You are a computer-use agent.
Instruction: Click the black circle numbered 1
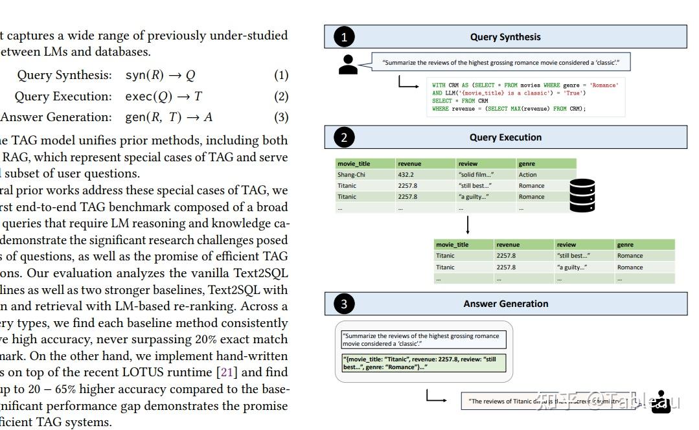344,37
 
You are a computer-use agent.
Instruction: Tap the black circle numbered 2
344,137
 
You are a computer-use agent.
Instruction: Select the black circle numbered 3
344,304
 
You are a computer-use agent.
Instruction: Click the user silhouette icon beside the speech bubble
348,63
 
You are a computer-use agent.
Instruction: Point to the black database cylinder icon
581,195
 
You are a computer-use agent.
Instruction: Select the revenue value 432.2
406,175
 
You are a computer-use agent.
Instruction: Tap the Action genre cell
527,175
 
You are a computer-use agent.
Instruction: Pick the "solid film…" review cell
476,175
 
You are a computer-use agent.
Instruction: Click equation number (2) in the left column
281,96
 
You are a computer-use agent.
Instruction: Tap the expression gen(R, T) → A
168,117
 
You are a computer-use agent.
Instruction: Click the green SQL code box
525,97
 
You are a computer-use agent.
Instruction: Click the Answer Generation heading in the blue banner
505,304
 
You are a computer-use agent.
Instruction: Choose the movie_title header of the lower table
452,245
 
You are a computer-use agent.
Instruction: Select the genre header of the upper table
527,164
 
